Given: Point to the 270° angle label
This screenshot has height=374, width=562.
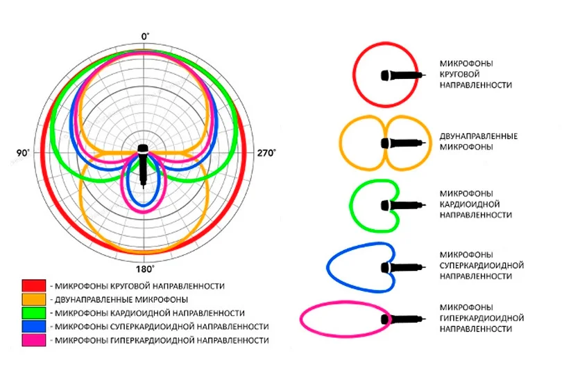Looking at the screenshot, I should point(266,152).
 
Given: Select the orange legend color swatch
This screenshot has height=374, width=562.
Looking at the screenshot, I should point(33,299).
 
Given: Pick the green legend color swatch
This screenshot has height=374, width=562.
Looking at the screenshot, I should point(33,313).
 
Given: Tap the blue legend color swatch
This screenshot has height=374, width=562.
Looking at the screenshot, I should point(33,326).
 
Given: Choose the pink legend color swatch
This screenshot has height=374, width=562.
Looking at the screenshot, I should point(33,340).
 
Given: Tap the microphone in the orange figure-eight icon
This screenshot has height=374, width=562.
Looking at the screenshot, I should point(402,143).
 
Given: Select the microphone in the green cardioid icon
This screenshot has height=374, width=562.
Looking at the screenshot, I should point(402,205).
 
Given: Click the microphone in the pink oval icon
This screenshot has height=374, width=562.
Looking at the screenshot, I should point(402,319).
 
